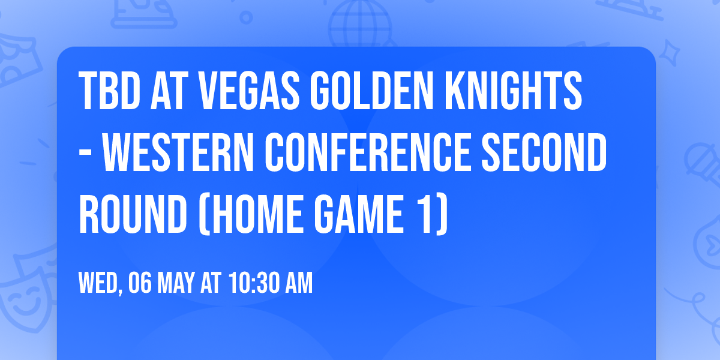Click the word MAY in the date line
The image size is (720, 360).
177,284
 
